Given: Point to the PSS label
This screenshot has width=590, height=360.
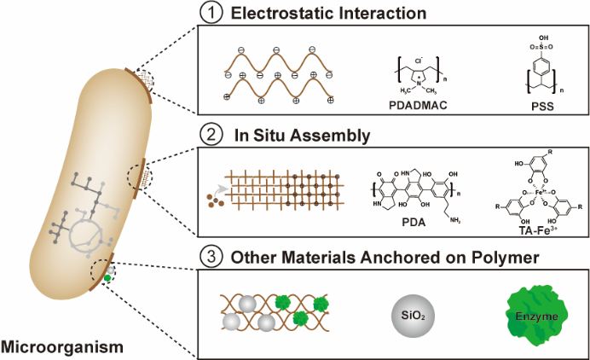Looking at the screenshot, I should (530, 106).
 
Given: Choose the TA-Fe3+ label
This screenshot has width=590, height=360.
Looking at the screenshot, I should (531, 229).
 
